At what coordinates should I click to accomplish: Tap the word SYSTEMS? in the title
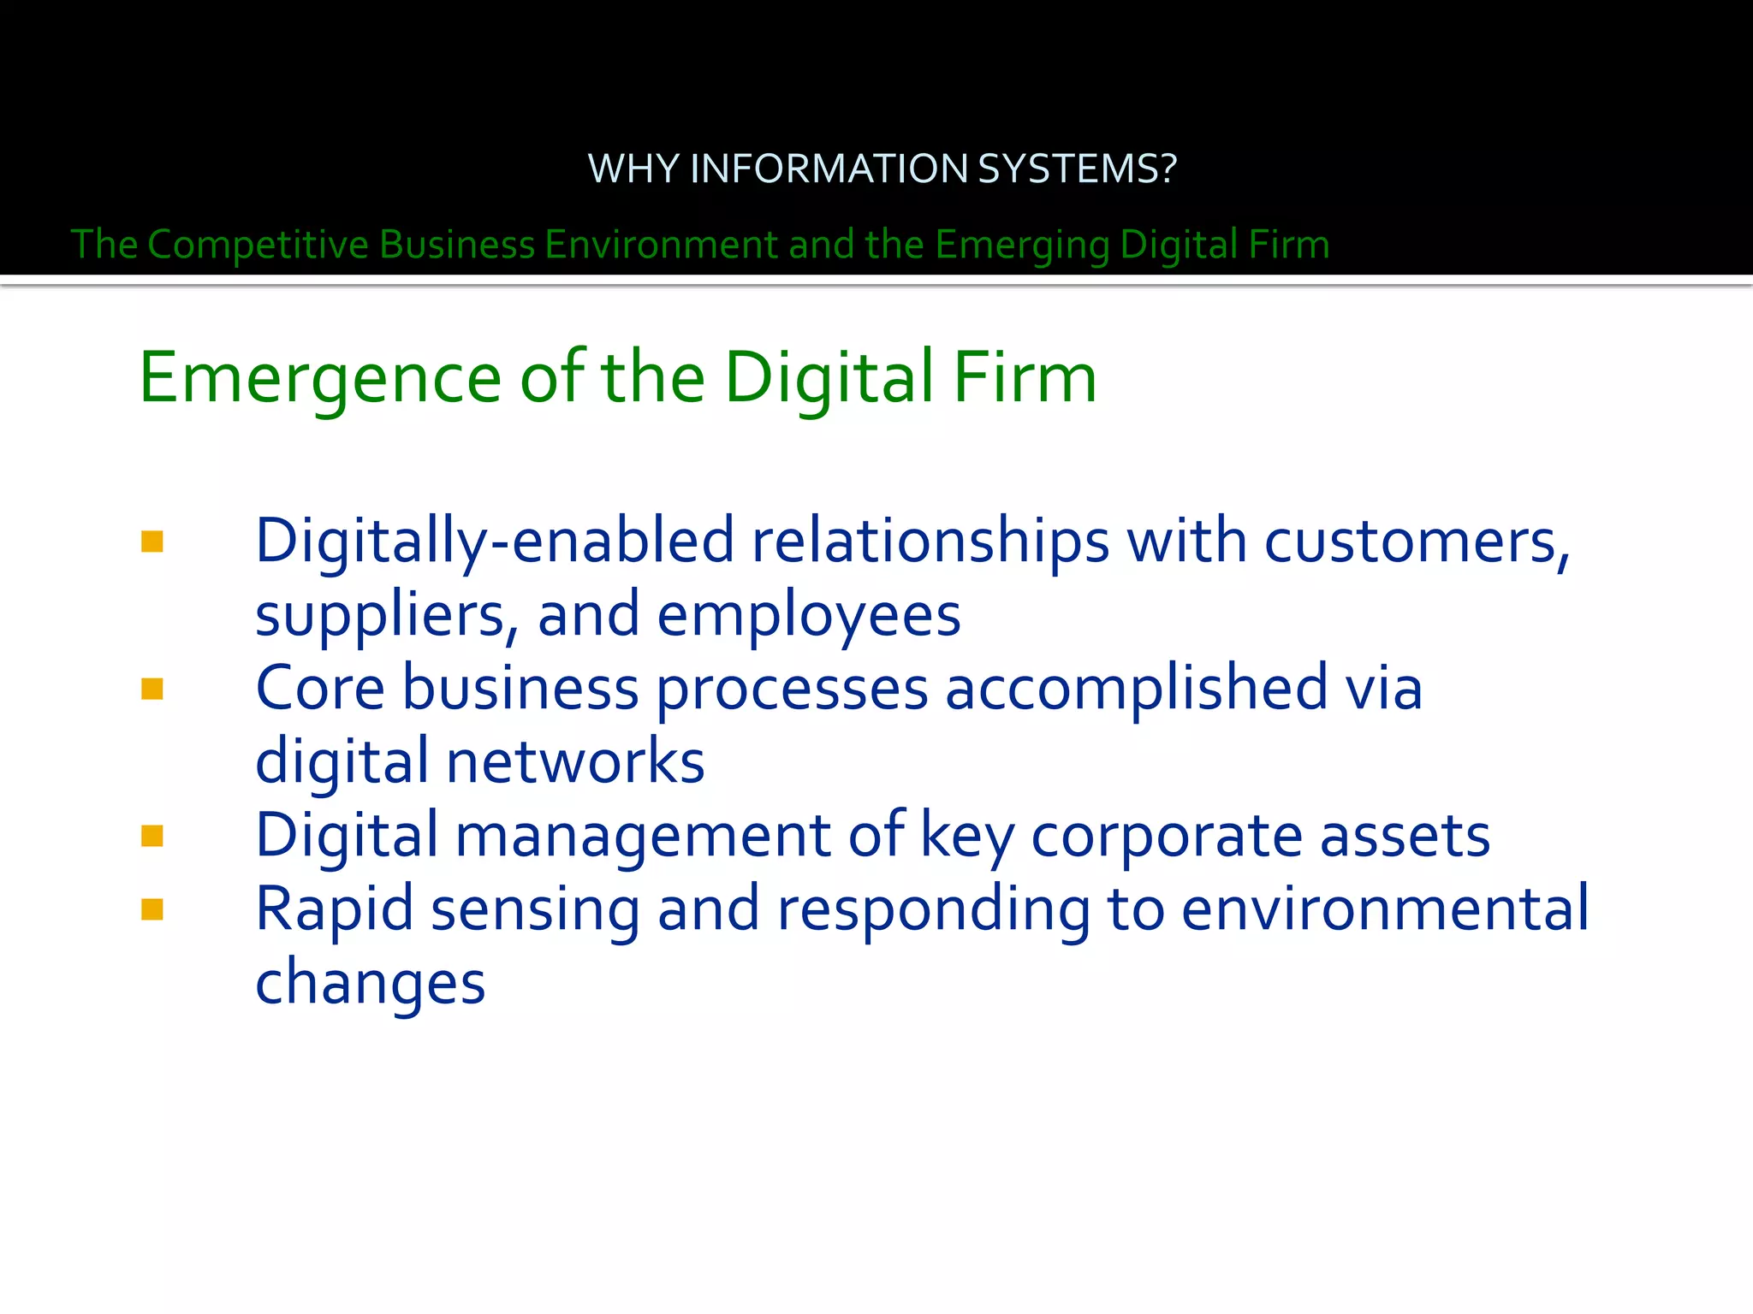(1077, 169)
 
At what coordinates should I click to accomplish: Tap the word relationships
(930, 542)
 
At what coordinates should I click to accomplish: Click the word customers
(1417, 542)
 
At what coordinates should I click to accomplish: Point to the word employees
(809, 615)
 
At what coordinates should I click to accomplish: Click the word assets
(1405, 835)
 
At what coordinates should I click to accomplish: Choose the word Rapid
(335, 909)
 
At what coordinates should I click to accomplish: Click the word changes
(371, 982)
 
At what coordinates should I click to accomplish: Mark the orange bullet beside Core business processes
(152, 689)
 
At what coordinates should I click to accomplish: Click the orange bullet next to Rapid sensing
(152, 909)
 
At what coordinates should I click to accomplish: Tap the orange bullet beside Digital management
(152, 836)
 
